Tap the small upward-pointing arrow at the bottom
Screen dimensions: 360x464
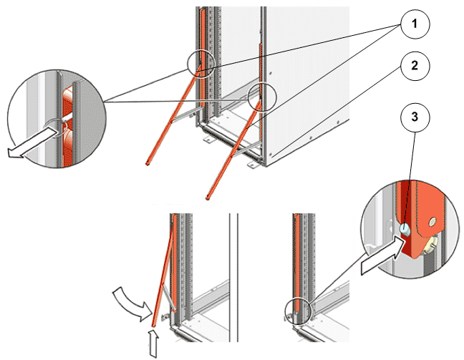click(152, 341)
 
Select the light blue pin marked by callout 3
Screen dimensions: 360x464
click(404, 229)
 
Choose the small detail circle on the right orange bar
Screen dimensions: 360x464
click(261, 96)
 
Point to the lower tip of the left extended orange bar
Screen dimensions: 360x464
click(148, 164)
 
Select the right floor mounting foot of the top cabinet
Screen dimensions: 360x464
click(252, 165)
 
